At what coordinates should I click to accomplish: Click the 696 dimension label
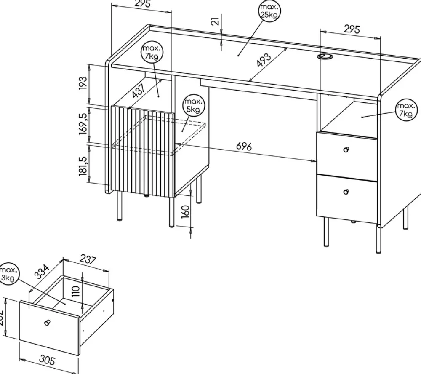(x=244, y=147)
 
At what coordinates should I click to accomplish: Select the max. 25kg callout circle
(x=269, y=11)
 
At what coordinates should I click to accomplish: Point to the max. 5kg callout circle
(x=193, y=106)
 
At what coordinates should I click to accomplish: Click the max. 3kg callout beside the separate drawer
(x=8, y=273)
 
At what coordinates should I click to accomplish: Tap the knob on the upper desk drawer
(x=346, y=150)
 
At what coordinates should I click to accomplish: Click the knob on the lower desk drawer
(x=346, y=192)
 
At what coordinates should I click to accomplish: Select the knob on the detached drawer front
(x=47, y=323)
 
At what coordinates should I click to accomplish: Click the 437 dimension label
(x=138, y=91)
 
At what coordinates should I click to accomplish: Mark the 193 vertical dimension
(x=83, y=83)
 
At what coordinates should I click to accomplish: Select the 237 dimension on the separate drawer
(x=88, y=261)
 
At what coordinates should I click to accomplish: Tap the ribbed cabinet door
(x=143, y=152)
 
